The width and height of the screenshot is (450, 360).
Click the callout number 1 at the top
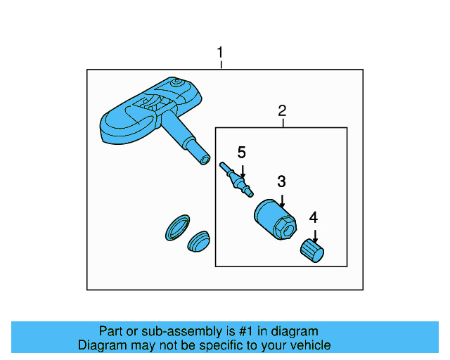(x=221, y=53)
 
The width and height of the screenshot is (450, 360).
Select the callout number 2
(x=282, y=110)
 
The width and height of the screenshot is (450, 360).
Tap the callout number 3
(x=281, y=181)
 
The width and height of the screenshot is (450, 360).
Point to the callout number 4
(x=314, y=217)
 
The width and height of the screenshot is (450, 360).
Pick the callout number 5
(x=241, y=152)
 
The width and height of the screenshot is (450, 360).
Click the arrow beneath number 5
(x=241, y=170)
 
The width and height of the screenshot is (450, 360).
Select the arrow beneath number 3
(x=281, y=200)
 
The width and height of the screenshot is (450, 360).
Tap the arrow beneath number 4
(x=314, y=236)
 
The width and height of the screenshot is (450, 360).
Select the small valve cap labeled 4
(x=311, y=250)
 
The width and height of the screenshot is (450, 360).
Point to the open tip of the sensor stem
(x=205, y=160)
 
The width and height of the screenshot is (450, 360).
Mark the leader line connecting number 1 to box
(x=221, y=65)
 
